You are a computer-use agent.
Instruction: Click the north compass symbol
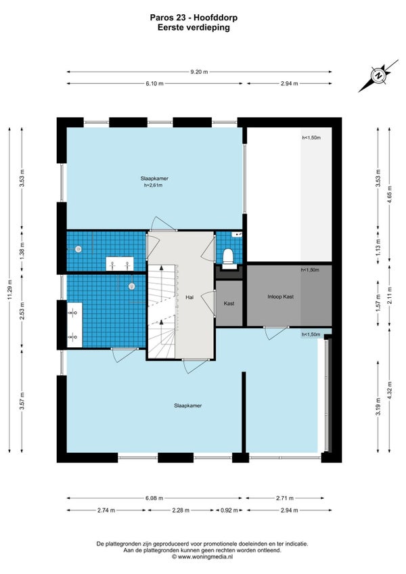click(378, 76)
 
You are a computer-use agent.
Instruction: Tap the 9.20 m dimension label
click(199, 72)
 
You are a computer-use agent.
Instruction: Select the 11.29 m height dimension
click(10, 289)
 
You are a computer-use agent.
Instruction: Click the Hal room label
click(189, 298)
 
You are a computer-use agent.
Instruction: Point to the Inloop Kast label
click(280, 297)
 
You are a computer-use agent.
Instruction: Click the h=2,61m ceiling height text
click(153, 185)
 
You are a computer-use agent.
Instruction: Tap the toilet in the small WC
click(229, 257)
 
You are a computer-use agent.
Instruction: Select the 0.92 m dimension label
click(229, 510)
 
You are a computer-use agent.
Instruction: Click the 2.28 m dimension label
click(180, 510)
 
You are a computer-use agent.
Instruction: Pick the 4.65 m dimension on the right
click(389, 195)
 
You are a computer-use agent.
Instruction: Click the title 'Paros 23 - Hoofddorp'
click(194, 18)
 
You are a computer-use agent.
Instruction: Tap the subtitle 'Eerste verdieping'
click(194, 28)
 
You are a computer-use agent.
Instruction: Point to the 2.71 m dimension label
click(285, 498)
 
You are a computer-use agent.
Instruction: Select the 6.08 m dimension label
click(154, 498)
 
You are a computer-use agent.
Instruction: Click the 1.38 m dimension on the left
click(22, 251)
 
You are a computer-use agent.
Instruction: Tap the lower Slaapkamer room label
click(188, 405)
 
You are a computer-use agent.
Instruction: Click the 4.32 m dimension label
click(389, 391)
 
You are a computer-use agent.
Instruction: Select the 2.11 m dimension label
click(389, 294)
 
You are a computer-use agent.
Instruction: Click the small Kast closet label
click(229, 303)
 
